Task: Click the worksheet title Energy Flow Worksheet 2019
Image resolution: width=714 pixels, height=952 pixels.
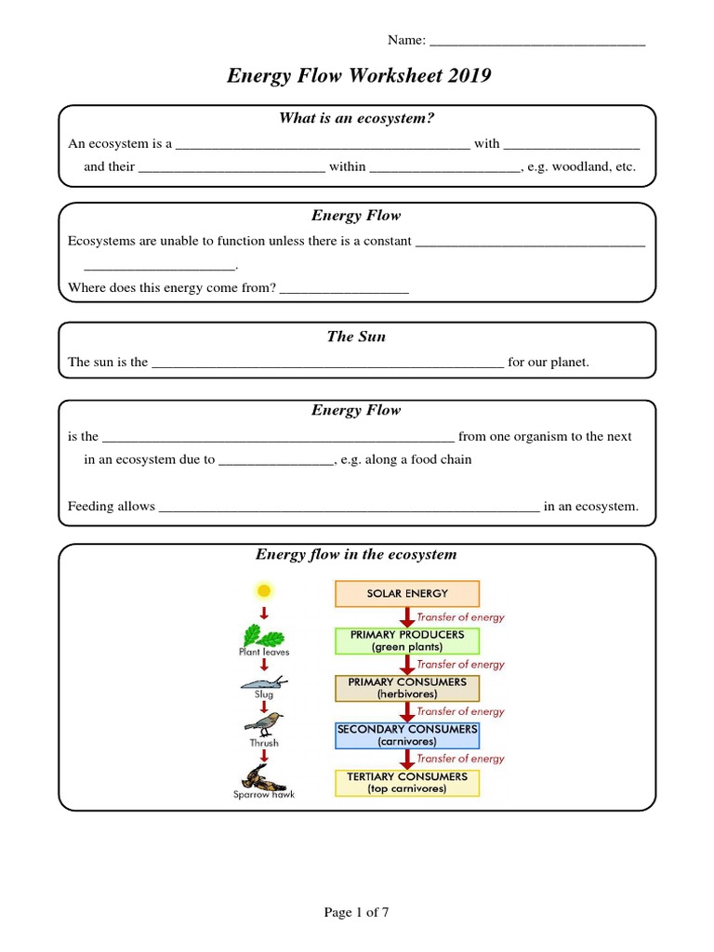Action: tap(358, 76)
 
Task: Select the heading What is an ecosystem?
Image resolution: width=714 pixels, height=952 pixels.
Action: tap(357, 118)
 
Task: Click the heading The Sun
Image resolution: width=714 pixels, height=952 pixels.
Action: tap(356, 337)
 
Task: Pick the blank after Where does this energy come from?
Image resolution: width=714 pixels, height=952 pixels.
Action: tap(344, 289)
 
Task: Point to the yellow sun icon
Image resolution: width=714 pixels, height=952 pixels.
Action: tap(264, 590)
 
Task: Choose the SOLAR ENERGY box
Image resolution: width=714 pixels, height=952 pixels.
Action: tap(407, 593)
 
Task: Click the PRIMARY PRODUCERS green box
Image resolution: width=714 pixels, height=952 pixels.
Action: tap(407, 641)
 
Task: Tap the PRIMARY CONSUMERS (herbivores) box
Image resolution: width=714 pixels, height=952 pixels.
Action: tap(407, 688)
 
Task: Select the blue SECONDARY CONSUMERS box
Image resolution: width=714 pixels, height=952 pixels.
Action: tap(407, 735)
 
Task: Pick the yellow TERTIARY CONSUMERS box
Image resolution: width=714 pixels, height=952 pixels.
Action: tap(407, 783)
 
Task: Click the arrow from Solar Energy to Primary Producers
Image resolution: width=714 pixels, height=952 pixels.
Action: tap(406, 617)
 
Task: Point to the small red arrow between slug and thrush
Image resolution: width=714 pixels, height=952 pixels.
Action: tap(264, 706)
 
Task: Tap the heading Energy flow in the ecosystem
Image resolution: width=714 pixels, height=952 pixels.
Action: tap(356, 555)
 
